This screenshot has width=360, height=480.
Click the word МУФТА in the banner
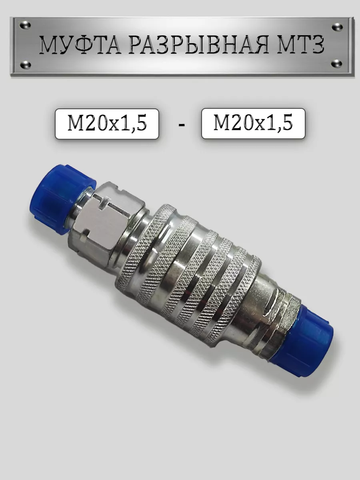(80, 46)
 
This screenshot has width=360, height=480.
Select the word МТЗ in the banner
(300, 46)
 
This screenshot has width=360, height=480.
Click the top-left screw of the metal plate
(25, 25)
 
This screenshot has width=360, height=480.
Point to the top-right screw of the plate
(337, 27)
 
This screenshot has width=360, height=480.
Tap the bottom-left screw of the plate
(25, 64)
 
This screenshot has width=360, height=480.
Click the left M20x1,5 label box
(107, 124)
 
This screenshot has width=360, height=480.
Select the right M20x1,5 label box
(253, 124)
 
